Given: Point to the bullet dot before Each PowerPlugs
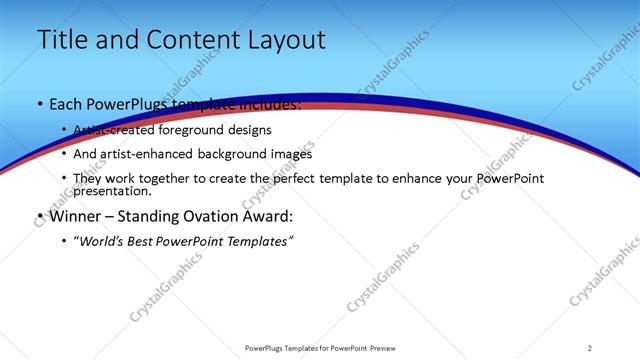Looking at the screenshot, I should click(39, 105).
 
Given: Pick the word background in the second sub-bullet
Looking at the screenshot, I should click(220, 154).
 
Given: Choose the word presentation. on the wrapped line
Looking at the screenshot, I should click(112, 191).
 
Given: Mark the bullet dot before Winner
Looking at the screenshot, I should click(39, 217).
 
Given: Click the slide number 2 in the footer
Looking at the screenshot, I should click(590, 348).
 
